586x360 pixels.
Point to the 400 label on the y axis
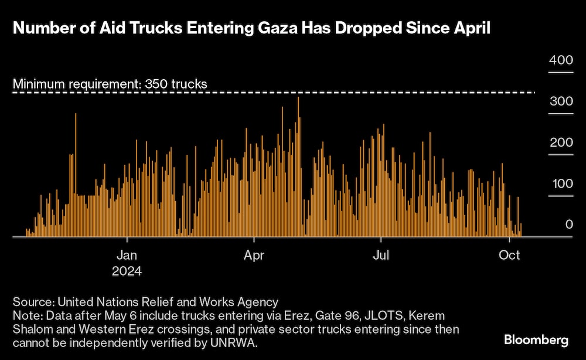[x=560, y=60]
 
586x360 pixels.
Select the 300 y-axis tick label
[x=560, y=101]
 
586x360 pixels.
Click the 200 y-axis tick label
[x=560, y=142]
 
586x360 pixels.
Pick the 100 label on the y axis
[x=560, y=184]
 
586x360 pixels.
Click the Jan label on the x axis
[x=127, y=256]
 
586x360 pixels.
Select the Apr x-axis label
[x=254, y=256]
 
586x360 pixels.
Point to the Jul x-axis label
[x=381, y=256]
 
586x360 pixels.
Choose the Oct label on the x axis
[x=510, y=256]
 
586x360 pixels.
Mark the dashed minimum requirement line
[x=352, y=92]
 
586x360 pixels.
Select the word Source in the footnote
[x=32, y=302]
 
